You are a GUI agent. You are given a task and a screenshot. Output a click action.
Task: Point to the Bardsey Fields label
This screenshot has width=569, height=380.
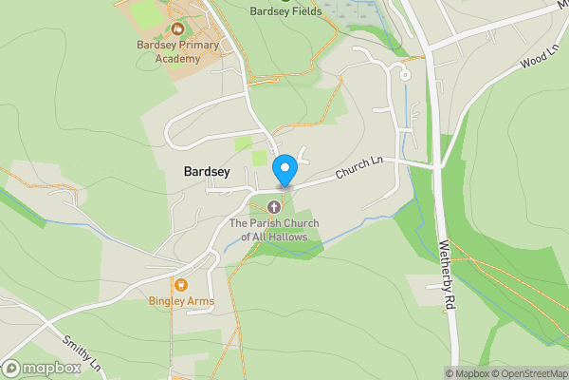click(x=285, y=11)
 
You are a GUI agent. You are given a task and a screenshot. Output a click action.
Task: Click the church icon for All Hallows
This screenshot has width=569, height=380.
click(x=275, y=206)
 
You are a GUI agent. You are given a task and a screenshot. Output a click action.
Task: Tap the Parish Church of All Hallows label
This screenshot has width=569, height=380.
click(x=275, y=229)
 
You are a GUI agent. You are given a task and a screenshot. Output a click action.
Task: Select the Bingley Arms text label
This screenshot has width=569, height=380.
click(x=181, y=301)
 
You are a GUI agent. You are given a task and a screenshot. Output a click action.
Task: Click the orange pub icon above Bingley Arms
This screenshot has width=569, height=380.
click(x=178, y=283)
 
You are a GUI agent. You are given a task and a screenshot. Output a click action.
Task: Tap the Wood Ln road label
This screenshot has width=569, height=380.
click(x=537, y=58)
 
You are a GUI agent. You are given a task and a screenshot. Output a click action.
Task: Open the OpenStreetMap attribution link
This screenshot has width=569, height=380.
click(x=527, y=372)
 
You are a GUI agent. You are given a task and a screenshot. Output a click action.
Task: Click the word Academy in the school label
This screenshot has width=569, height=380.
click(x=178, y=59)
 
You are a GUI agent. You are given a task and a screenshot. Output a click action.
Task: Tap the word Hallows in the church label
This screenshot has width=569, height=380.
click(x=299, y=236)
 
